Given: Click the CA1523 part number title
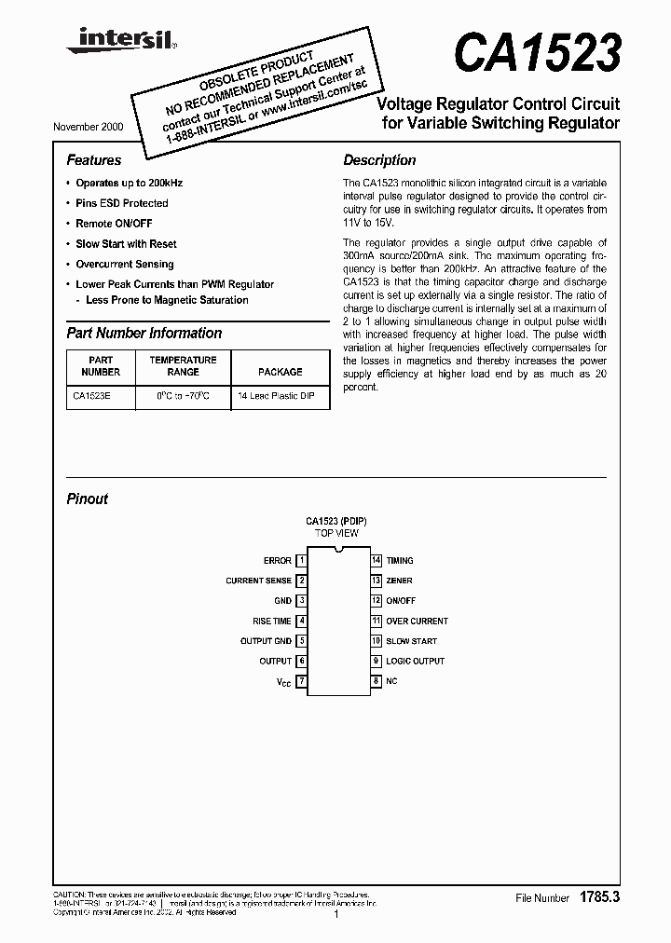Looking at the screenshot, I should (x=538, y=54).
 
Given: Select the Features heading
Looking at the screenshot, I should (x=94, y=160).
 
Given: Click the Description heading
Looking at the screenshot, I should (x=379, y=160).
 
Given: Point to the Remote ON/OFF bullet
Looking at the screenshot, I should (x=114, y=224).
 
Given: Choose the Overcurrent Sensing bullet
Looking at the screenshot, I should (x=124, y=264).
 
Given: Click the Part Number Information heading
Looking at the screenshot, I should (x=144, y=333).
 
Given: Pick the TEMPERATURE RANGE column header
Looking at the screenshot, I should (x=183, y=365).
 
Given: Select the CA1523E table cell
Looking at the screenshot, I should (x=89, y=396).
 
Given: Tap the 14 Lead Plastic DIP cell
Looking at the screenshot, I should (x=276, y=396).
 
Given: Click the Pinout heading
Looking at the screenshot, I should (x=88, y=499).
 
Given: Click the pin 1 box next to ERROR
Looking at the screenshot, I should (x=302, y=561).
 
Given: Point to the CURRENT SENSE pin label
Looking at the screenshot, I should (x=258, y=581).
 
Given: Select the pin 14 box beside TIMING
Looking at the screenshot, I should (x=377, y=561).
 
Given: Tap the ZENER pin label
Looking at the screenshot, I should (x=399, y=581).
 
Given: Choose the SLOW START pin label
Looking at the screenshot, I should (x=411, y=641).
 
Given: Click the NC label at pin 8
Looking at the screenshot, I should (x=391, y=681).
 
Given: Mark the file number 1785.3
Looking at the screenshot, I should (x=599, y=897).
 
